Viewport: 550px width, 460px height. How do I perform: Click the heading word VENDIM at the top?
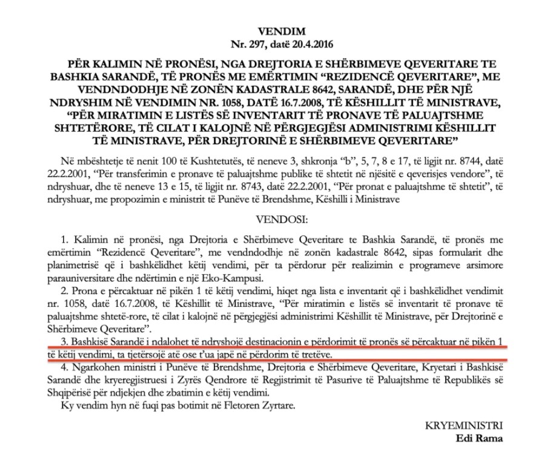coord(274,30)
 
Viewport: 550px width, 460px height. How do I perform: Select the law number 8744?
coord(461,160)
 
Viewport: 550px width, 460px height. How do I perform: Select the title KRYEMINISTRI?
coord(471,427)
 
